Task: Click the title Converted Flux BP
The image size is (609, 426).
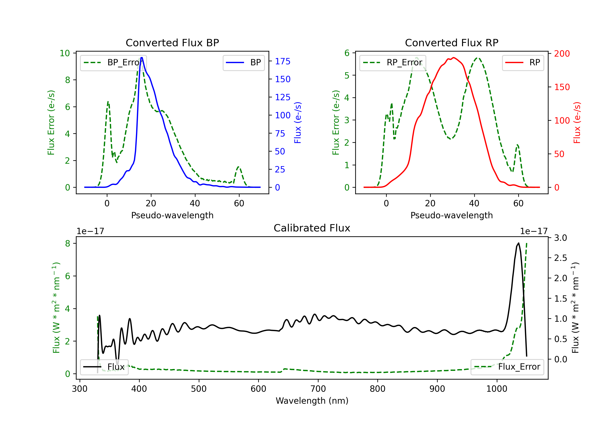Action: click(x=172, y=43)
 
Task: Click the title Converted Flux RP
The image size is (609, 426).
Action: click(x=451, y=43)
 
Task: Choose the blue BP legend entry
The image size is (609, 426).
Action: click(x=243, y=62)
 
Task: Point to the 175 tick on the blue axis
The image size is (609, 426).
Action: click(x=283, y=61)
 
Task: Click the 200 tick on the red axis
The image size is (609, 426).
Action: click(x=562, y=54)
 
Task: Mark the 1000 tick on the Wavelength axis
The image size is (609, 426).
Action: click(x=497, y=389)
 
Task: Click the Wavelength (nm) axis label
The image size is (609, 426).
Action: click(x=312, y=401)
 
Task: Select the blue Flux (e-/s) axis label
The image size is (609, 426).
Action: click(x=298, y=123)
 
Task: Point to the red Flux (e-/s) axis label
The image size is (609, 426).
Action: click(x=577, y=123)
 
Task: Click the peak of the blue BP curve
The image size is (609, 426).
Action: click(x=142, y=58)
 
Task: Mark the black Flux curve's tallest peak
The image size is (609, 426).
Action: click(x=518, y=243)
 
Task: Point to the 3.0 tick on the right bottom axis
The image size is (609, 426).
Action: click(x=560, y=238)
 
